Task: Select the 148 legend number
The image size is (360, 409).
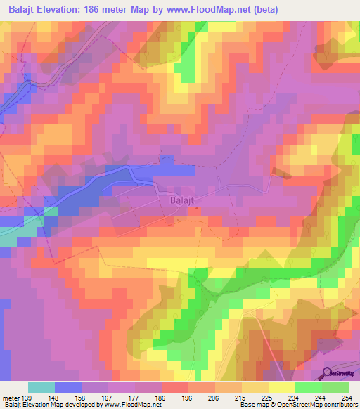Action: tap(62, 398)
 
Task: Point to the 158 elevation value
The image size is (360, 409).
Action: tap(89, 398)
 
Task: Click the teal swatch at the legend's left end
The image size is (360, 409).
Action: tap(41, 387)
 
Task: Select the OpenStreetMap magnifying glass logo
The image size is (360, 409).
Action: tap(327, 374)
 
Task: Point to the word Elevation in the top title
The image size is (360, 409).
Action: tap(59, 10)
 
